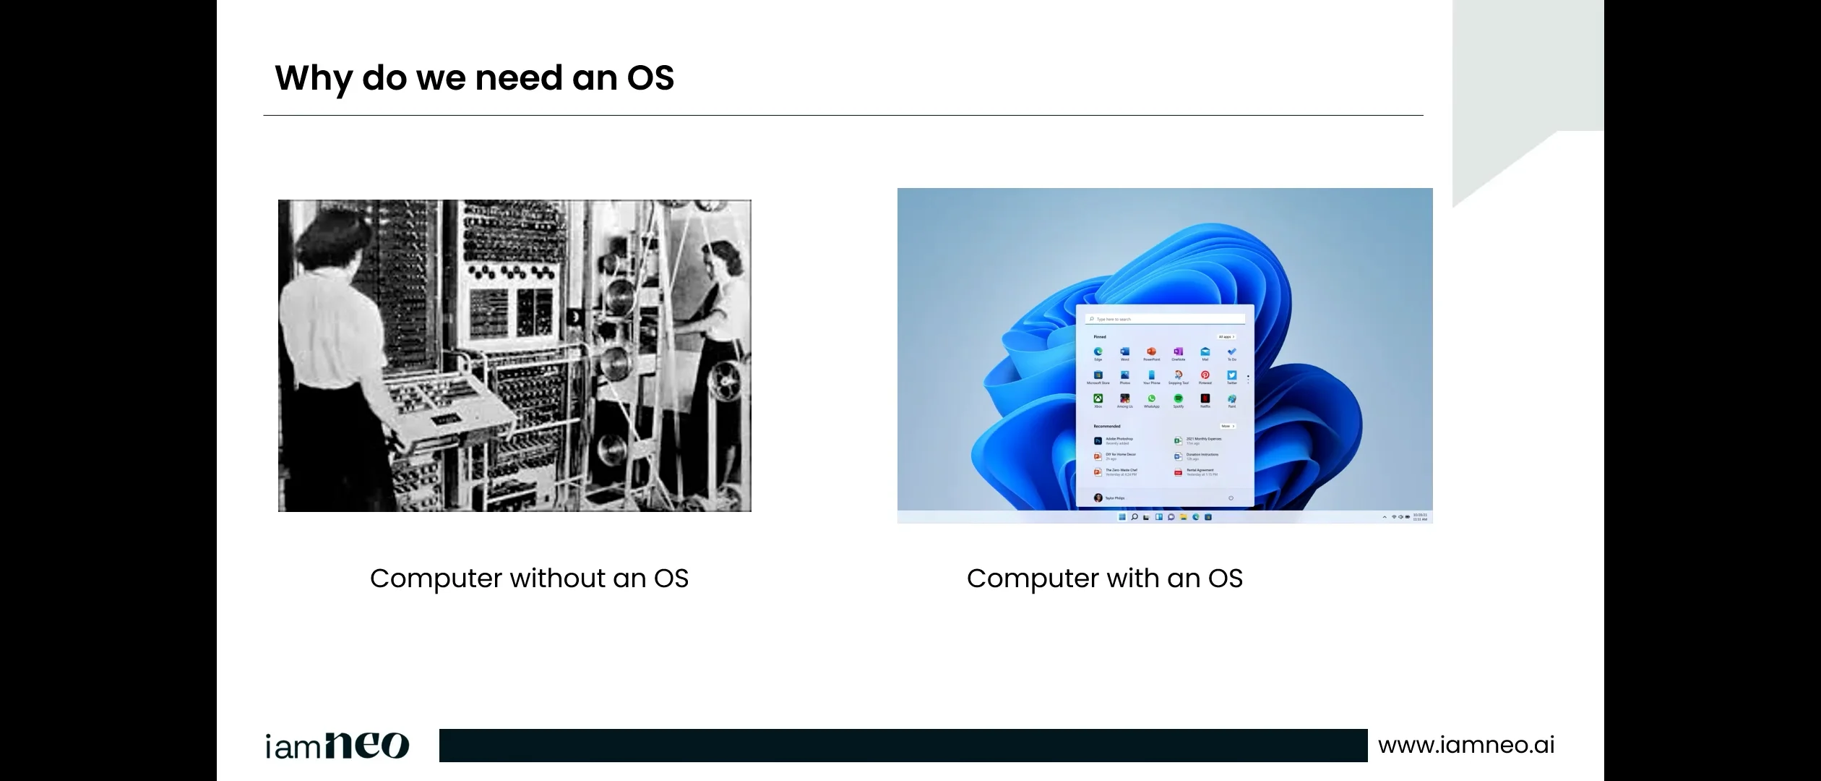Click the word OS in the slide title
click(650, 78)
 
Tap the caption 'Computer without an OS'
click(529, 579)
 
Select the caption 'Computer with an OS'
click(1104, 579)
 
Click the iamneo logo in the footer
click(337, 746)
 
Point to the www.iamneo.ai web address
click(1466, 745)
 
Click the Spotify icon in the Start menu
click(1178, 398)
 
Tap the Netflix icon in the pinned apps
click(1205, 398)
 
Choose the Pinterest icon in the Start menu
click(1205, 375)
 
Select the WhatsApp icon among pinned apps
click(1151, 398)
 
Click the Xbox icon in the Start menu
click(1098, 398)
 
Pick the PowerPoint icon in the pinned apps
click(1151, 352)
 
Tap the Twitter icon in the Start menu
click(1231, 375)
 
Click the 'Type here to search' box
click(1165, 319)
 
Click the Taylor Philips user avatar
click(1098, 498)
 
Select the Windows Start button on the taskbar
click(1122, 517)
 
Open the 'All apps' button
click(1226, 337)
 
